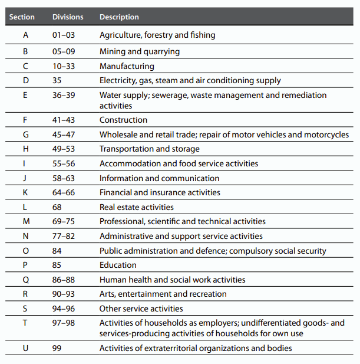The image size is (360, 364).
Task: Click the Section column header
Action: (x=22, y=17)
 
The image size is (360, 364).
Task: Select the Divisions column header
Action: (x=68, y=17)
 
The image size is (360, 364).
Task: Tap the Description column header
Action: (x=119, y=17)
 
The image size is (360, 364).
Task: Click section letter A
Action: (x=25, y=35)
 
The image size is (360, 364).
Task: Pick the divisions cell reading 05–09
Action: (x=63, y=52)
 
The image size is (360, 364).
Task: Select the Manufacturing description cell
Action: (x=127, y=66)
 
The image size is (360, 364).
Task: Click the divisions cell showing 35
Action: (x=57, y=80)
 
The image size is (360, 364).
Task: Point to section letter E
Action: (x=25, y=95)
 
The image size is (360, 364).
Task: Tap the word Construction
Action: (x=123, y=120)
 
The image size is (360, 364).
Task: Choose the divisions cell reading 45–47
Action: (x=63, y=135)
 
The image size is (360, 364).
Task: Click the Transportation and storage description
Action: (x=149, y=149)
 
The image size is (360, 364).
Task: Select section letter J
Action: (x=25, y=178)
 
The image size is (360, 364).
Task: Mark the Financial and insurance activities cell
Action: (x=160, y=192)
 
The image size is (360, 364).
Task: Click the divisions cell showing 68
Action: (x=57, y=207)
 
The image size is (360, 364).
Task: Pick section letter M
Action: (x=25, y=221)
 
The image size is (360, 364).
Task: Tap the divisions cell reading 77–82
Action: (x=63, y=236)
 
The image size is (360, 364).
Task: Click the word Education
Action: (x=118, y=265)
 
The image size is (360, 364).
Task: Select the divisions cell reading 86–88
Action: (x=63, y=280)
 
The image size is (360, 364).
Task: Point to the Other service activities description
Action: (x=141, y=309)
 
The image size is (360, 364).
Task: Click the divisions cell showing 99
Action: (x=57, y=348)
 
